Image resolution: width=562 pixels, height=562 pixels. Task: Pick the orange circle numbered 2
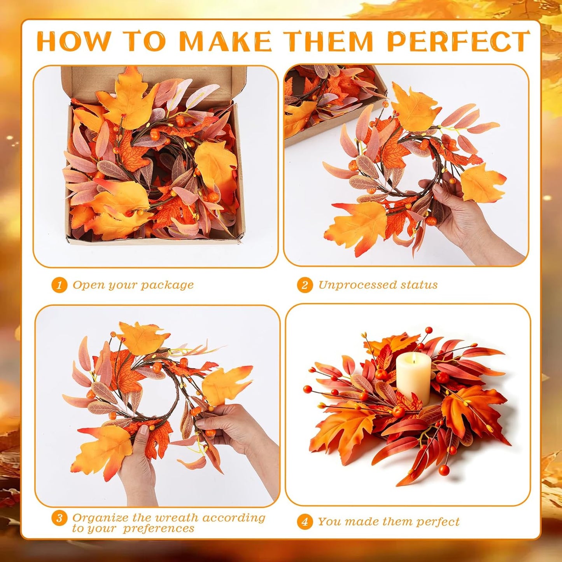coord(305,285)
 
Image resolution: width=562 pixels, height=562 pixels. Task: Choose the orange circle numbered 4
coord(305,522)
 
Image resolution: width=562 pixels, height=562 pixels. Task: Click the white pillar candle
coord(410,378)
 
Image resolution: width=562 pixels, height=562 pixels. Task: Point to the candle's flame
coord(410,359)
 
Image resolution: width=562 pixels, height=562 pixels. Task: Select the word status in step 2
coord(419,285)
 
